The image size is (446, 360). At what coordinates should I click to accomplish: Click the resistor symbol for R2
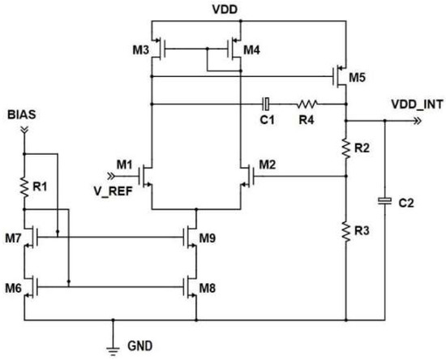pos(346,148)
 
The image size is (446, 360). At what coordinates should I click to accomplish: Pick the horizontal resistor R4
pos(307,104)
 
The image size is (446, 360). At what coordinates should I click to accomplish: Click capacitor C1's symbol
pos(264,104)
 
